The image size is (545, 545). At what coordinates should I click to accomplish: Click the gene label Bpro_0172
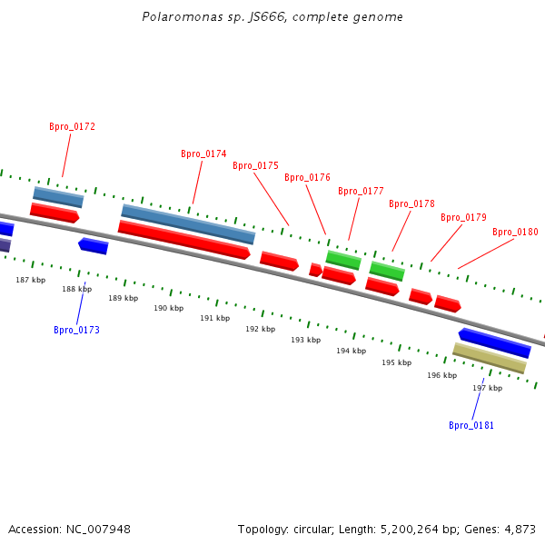72,127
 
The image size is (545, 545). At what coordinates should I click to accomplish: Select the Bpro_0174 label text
203,154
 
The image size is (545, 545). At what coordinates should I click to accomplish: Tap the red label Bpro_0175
255,166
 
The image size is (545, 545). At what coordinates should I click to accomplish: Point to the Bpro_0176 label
307,178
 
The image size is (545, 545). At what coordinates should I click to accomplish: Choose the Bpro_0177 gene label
361,192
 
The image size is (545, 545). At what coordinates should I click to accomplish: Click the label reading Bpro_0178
411,204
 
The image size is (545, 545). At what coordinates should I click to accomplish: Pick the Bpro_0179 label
463,218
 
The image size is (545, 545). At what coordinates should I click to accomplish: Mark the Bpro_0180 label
515,233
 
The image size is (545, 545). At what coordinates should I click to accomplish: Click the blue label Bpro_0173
76,331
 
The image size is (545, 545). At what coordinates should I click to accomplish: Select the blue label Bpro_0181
471,426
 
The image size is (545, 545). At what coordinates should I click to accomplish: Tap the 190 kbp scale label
168,309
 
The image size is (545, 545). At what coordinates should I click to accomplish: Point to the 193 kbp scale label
305,340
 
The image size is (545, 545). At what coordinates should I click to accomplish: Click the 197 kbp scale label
487,388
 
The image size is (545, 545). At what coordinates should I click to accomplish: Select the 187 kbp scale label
30,281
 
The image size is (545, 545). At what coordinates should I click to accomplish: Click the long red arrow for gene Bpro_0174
183,240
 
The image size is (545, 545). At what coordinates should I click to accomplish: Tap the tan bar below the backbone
489,358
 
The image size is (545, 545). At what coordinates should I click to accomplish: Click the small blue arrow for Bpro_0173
93,246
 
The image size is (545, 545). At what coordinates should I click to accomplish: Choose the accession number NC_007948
97,529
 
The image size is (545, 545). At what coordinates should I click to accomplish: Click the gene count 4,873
519,529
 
